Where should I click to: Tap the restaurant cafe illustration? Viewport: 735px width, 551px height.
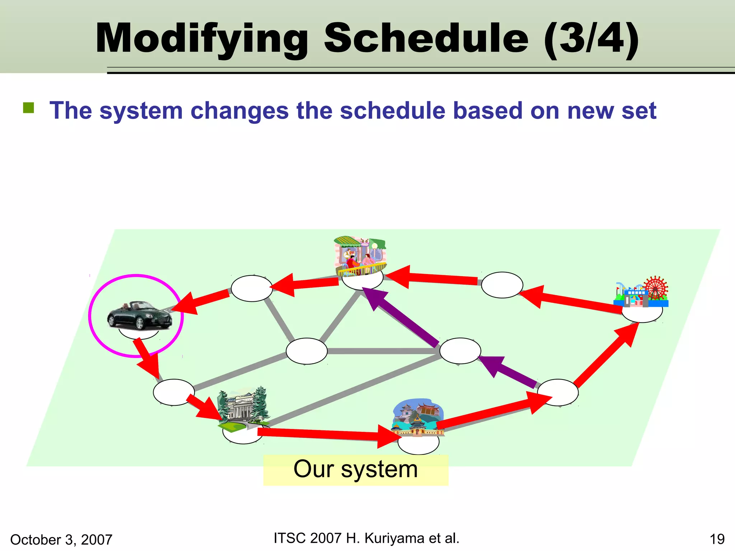360,256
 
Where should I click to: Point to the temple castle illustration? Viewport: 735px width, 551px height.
418,418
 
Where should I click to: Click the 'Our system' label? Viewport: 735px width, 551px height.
355,469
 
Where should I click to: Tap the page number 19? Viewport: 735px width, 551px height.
717,539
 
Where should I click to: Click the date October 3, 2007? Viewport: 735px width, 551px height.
61,540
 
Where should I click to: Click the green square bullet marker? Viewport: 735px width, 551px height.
28,108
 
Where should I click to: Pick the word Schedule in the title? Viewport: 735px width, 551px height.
426,38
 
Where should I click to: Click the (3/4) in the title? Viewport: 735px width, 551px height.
591,38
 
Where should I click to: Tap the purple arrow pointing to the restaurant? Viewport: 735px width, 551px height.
402,317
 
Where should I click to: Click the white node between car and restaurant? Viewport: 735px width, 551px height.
252,288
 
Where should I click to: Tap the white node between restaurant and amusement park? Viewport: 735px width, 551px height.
502,285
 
